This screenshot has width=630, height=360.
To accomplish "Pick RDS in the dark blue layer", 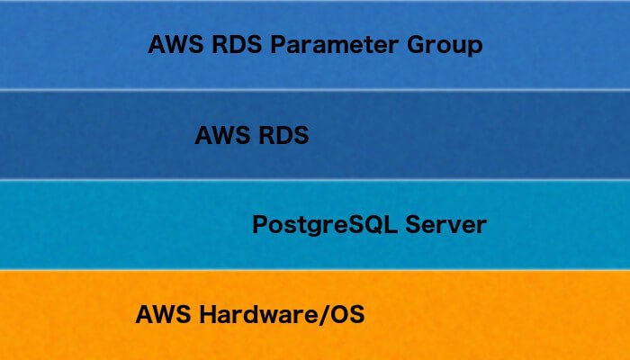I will [x=280, y=136].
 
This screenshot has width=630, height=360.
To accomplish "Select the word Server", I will [x=446, y=224].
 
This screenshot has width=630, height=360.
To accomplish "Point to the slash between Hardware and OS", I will [x=320, y=316].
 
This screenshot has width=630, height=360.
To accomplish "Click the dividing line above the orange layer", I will [x=315, y=269].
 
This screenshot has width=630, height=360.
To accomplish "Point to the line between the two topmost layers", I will [x=315, y=89].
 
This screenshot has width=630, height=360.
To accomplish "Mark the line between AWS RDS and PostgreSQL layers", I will [x=315, y=179].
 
